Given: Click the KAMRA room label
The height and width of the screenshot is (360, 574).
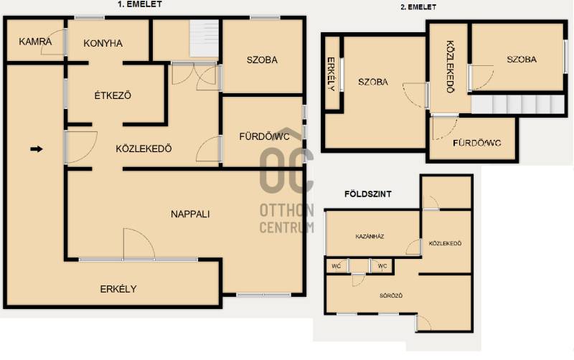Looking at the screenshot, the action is tap(35, 42).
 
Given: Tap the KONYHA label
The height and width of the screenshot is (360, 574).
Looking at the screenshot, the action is tap(103, 43).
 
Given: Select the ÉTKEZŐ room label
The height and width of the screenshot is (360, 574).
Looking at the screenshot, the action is tap(113, 95).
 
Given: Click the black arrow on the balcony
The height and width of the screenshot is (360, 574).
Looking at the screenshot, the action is tap(37, 149).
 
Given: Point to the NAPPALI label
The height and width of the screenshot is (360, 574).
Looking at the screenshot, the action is tap(190, 214).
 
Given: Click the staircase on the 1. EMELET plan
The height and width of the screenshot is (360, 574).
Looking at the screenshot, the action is tap(204, 38).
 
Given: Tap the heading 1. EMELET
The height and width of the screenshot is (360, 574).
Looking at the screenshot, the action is tap(140, 4).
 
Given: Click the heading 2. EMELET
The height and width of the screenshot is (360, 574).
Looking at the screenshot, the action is tap(418, 7).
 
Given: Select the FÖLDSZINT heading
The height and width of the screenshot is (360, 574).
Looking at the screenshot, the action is tap(368, 194).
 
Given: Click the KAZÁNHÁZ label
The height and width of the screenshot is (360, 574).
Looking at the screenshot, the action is tap(370, 237).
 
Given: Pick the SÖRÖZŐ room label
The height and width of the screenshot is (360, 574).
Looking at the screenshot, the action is tap(391, 295).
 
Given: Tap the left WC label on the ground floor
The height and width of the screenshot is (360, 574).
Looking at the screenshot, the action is tap(336, 266).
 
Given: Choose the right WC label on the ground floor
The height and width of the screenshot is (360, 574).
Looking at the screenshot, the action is tap(382, 266).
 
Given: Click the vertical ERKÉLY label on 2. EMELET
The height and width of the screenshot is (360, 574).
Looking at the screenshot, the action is tap(331, 74).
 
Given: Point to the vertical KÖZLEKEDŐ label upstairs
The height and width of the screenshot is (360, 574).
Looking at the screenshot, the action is tap(451, 67).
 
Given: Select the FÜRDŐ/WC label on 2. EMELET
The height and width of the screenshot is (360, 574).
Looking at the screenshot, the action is tap(476, 143).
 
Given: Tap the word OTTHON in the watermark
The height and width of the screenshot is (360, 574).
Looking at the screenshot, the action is tap(286, 210).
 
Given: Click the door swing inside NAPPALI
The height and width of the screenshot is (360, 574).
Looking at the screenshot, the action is tap(139, 244).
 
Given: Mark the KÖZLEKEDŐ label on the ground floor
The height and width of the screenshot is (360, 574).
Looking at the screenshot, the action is tap(445, 243).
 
